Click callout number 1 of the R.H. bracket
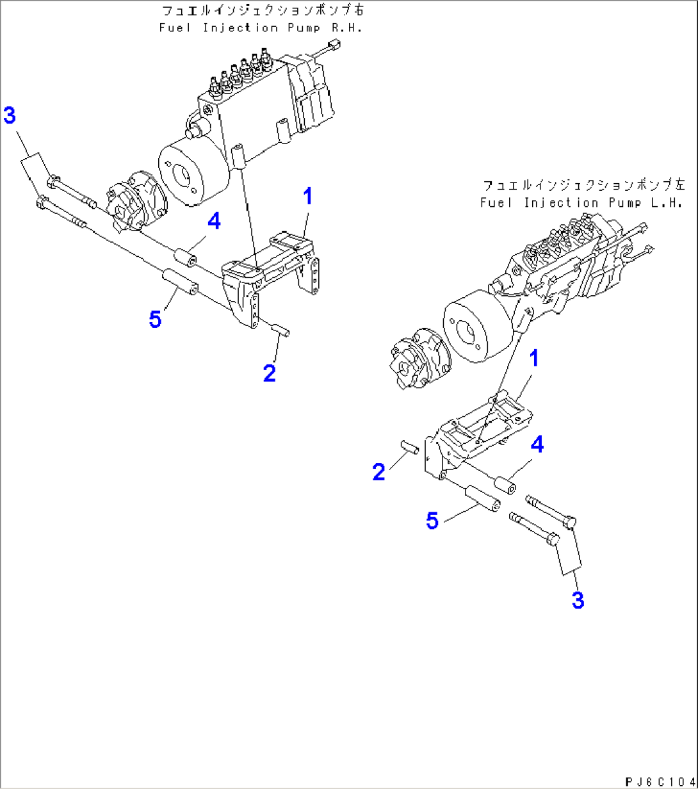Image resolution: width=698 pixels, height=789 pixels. click(x=307, y=197)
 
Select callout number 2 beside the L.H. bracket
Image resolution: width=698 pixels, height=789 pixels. click(x=379, y=473)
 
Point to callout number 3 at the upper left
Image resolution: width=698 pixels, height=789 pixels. click(x=10, y=116)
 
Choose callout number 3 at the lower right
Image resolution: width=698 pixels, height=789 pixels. click(x=577, y=600)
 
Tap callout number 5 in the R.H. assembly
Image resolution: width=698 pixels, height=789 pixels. click(x=155, y=319)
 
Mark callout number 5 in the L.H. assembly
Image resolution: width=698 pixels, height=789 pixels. click(x=433, y=521)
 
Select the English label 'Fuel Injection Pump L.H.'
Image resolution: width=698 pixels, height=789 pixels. click(x=580, y=202)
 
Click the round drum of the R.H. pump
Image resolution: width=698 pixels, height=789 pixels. click(x=190, y=175)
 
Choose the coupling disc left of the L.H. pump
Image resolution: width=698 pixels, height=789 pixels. click(x=417, y=362)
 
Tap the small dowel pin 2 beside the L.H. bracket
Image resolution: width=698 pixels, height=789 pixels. click(x=410, y=447)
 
